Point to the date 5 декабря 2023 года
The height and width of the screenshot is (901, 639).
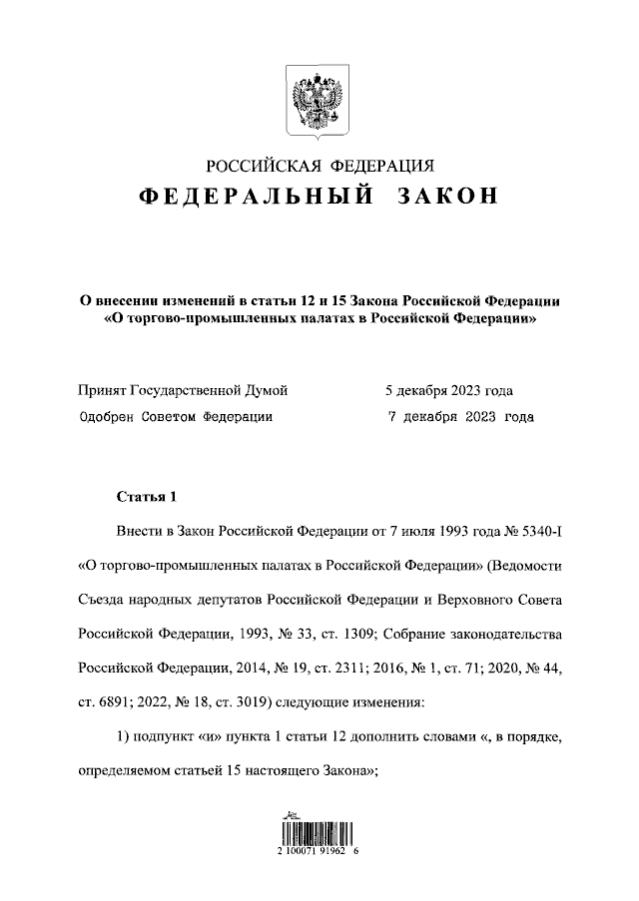pyautogui.click(x=450, y=391)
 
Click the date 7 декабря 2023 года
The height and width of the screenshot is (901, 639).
pyautogui.click(x=459, y=417)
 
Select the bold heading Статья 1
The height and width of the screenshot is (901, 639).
pyautogui.click(x=145, y=496)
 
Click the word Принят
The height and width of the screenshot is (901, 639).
pyautogui.click(x=103, y=391)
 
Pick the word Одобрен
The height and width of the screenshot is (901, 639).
pyautogui.click(x=108, y=417)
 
